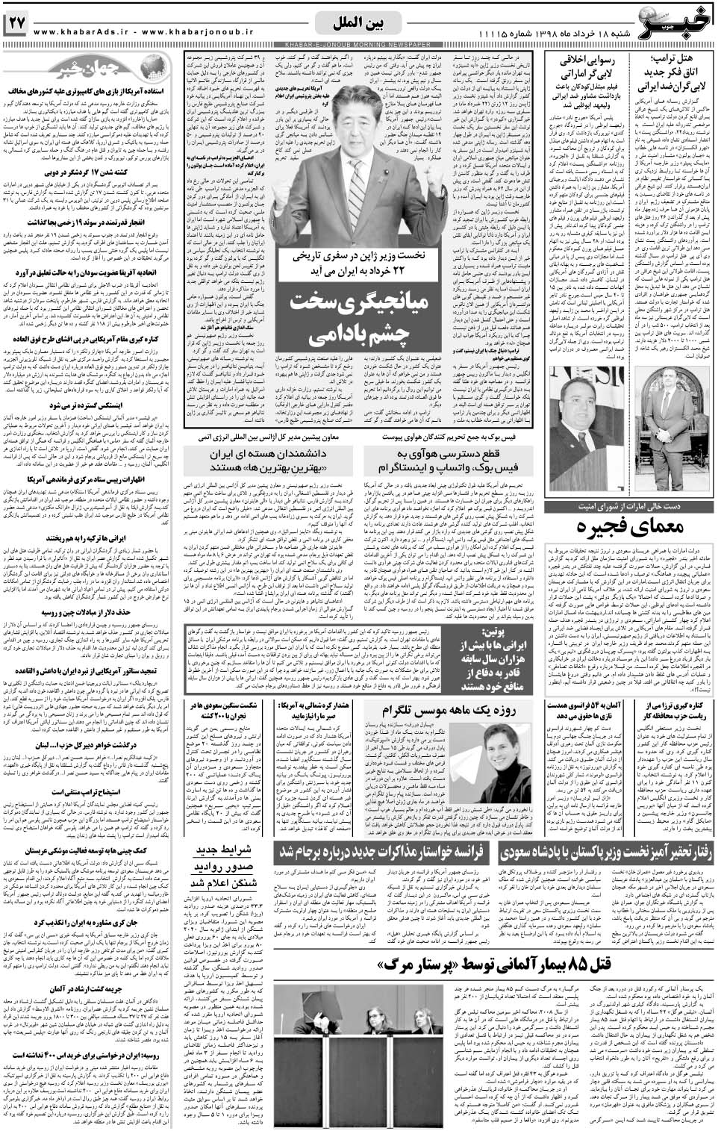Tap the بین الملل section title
coord(362,23)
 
